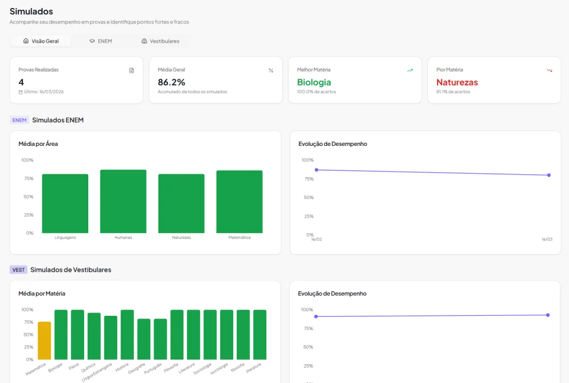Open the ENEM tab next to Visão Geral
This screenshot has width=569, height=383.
pyautogui.click(x=101, y=41)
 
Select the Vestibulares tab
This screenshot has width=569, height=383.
pyautogui.click(x=160, y=41)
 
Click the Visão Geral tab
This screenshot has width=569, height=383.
pyautogui.click(x=41, y=41)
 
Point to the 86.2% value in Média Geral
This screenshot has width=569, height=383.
pyautogui.click(x=171, y=82)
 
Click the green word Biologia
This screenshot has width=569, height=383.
pyautogui.click(x=314, y=83)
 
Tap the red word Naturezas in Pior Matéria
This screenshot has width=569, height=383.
pyautogui.click(x=457, y=82)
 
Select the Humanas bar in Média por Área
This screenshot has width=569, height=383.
pyautogui.click(x=123, y=201)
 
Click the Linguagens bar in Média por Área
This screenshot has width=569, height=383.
pyautogui.click(x=65, y=203)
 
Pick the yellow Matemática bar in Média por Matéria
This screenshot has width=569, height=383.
pyautogui.click(x=44, y=340)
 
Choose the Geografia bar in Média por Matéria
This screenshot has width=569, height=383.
pyautogui.click(x=144, y=339)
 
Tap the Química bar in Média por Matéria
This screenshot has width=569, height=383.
pyautogui.click(x=94, y=336)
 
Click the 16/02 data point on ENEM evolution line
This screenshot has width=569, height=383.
pyautogui.click(x=316, y=170)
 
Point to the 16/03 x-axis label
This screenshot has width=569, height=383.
pyautogui.click(x=547, y=239)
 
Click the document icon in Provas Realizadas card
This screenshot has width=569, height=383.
pyautogui.click(x=131, y=71)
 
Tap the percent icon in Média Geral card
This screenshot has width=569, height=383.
pyautogui.click(x=271, y=71)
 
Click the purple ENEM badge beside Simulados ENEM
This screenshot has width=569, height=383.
pyautogui.click(x=19, y=120)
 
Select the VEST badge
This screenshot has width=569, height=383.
pyautogui.click(x=19, y=270)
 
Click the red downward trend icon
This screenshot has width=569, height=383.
pyautogui.click(x=550, y=71)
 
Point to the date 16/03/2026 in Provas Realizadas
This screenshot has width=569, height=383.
pyautogui.click(x=52, y=92)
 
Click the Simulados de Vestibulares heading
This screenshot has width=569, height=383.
pyautogui.click(x=71, y=270)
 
